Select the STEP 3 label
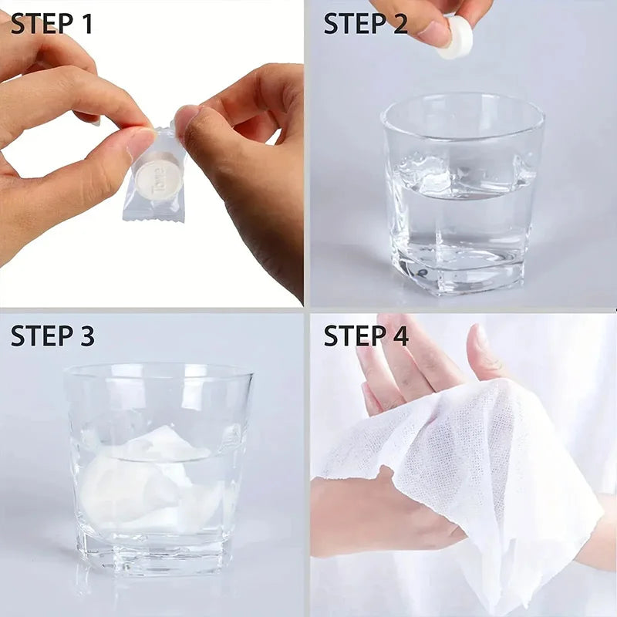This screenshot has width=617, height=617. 52,335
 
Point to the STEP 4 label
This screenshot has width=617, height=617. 366,335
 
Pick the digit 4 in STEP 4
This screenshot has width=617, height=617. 400,335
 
